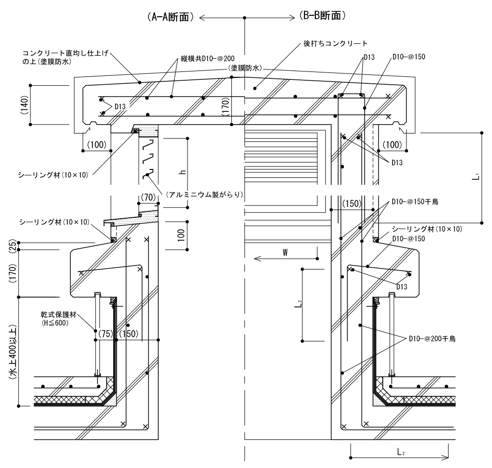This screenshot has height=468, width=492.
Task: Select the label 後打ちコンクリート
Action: tap(336, 43)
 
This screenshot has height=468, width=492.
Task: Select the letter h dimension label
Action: tap(182, 172)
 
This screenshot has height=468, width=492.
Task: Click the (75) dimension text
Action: tap(105, 333)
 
